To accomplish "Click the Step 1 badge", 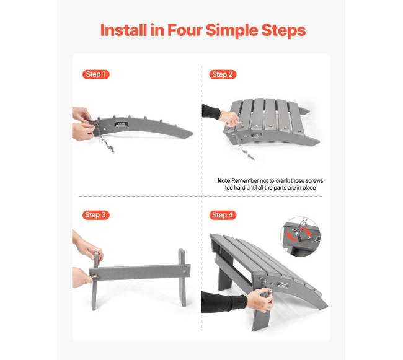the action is coord(96,74).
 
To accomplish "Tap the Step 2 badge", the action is coord(223,74).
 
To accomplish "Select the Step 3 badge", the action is coord(96,215).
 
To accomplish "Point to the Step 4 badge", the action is coord(223,215).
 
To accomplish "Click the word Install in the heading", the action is coord(124,30).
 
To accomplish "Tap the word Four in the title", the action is coord(185,30).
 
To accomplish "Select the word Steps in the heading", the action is coord(283,31).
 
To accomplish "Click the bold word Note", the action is coord(224,181).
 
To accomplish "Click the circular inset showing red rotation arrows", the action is coord(301,237).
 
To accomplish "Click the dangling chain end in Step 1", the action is coord(112,149).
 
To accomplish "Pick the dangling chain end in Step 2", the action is coord(251,156).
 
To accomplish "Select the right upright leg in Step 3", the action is coord(182,278).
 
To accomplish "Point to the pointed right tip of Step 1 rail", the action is coord(193,133).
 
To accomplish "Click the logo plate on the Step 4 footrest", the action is coord(282,284).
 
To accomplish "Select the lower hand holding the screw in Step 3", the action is coord(82,278).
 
